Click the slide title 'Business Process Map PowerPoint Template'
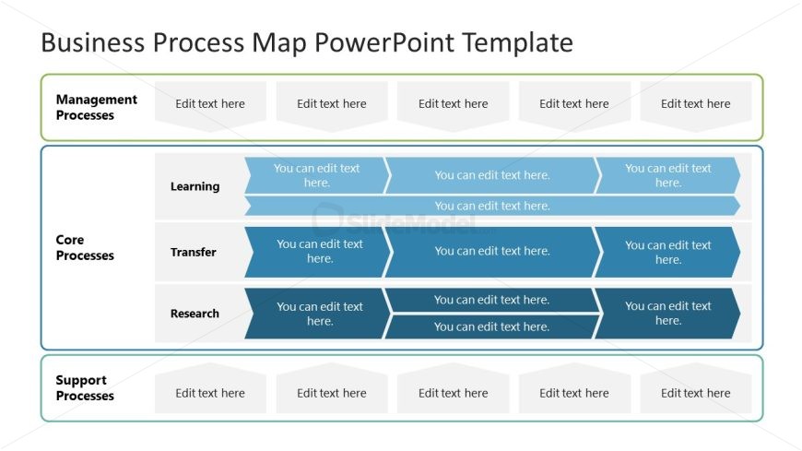point(307,42)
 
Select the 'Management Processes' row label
point(96,107)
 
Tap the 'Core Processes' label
point(85,247)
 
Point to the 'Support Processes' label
point(85,387)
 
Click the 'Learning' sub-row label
point(195,186)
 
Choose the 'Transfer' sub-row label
point(193,252)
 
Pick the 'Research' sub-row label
point(195,314)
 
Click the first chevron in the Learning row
point(316,175)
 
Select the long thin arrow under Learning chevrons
point(491,206)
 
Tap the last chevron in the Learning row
point(667,175)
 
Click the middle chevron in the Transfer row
point(491,251)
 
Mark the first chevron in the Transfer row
point(318,251)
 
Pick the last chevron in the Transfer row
point(667,252)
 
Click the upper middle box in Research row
point(491,300)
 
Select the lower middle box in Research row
point(491,326)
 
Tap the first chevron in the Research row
point(318,314)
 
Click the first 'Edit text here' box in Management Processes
point(210,104)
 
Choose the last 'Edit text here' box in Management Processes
point(695,104)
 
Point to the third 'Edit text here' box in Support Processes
point(453,393)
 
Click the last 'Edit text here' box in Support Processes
point(695,393)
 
